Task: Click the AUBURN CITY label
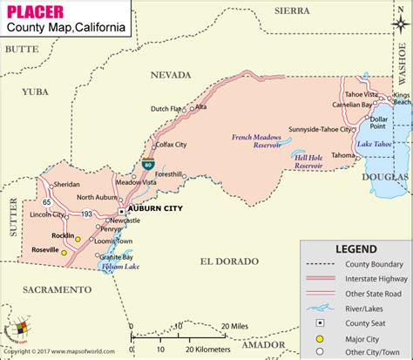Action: point(154,210)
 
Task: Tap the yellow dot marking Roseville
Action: point(64,250)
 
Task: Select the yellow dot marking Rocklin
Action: point(77,238)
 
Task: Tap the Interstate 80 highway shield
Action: point(149,163)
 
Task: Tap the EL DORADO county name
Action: point(229,262)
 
